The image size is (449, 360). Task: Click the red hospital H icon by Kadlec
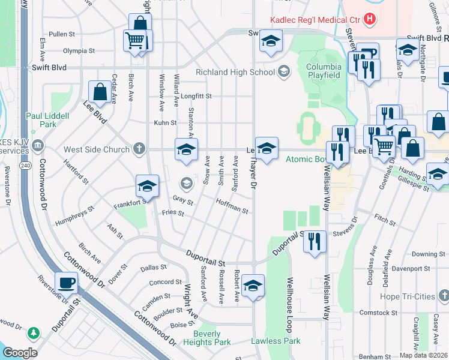[370, 19]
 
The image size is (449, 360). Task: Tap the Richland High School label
[236, 73]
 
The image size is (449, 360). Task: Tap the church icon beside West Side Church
[139, 148]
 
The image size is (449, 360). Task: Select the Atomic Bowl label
[306, 159]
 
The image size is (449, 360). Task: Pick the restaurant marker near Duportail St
[315, 242]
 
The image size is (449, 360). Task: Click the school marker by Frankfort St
[146, 187]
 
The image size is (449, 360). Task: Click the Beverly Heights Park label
[211, 338]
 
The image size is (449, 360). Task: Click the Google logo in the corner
[20, 353]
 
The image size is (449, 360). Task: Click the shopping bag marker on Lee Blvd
[100, 92]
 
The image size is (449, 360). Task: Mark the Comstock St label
[379, 313]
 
